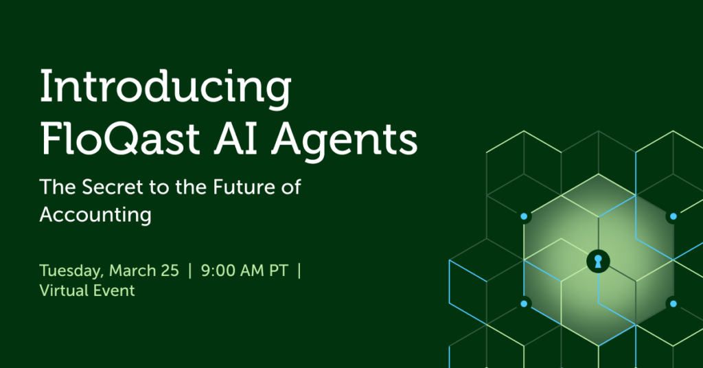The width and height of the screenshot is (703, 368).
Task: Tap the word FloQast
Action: (x=120, y=139)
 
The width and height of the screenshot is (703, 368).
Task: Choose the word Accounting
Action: (x=95, y=215)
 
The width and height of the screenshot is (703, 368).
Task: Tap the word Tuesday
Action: (x=71, y=271)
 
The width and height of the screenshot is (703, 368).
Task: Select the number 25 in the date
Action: (x=171, y=271)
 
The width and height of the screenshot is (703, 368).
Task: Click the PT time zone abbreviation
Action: (x=279, y=271)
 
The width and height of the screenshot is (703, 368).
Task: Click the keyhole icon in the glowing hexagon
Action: (x=598, y=262)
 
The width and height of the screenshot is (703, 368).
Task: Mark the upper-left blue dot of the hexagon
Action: (x=524, y=216)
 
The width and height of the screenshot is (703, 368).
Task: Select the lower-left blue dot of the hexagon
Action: (x=524, y=304)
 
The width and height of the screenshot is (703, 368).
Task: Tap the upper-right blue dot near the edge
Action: (x=673, y=216)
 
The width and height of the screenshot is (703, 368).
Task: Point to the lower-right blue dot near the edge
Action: (x=673, y=304)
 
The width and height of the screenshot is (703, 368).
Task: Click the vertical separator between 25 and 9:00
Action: (x=189, y=271)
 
